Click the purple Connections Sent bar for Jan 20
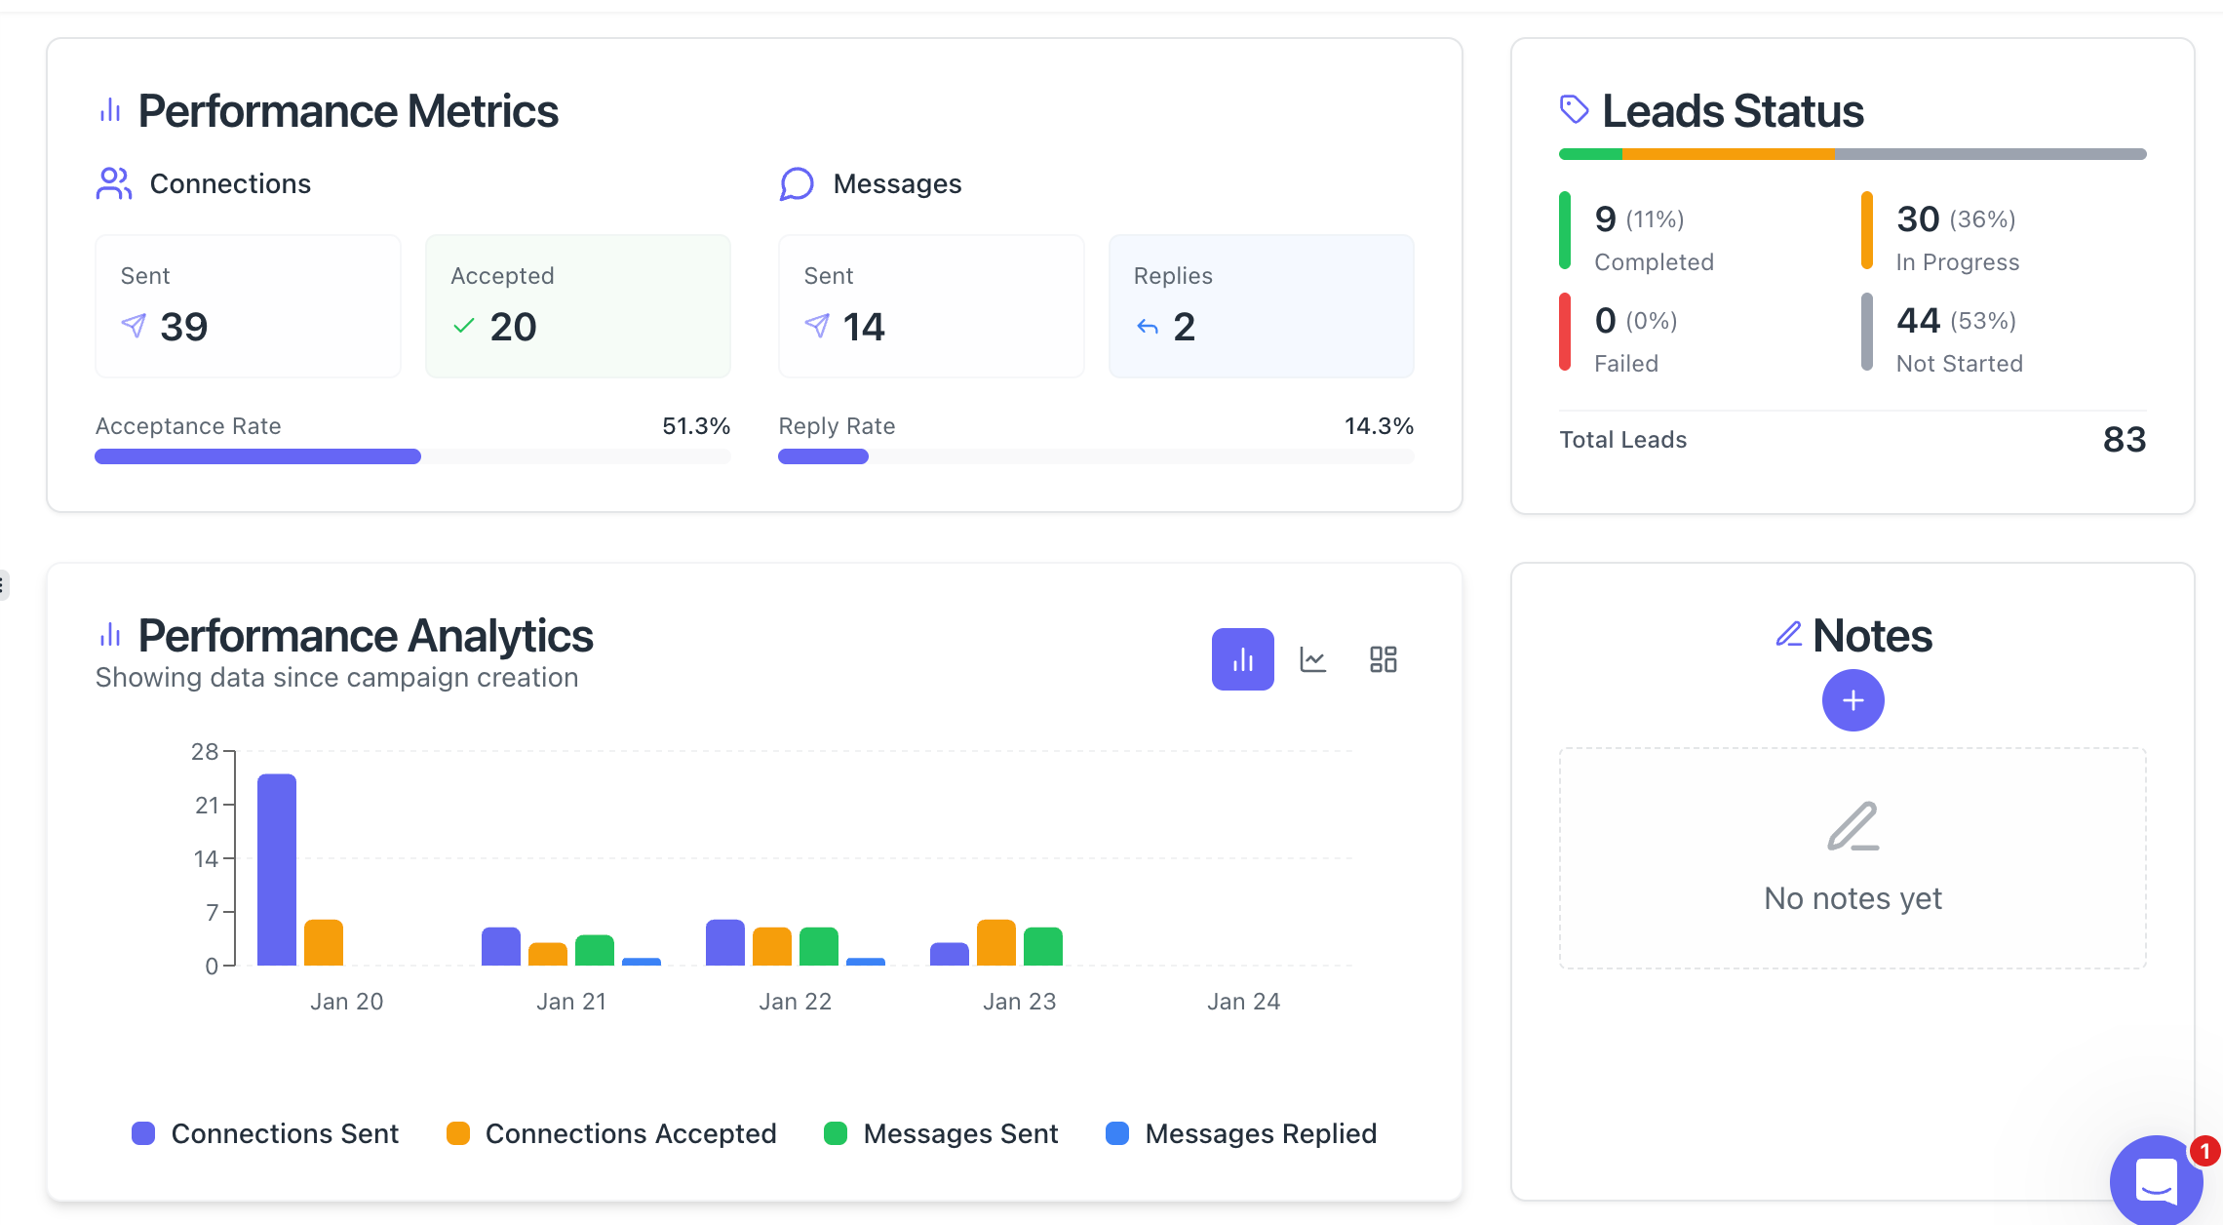point(277,869)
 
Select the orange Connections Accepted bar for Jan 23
point(995,943)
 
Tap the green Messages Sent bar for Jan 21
point(595,951)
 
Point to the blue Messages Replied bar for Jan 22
point(866,962)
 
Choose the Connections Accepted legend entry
point(611,1133)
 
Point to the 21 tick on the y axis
point(207,806)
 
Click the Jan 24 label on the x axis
point(1243,1002)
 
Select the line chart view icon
point(1313,660)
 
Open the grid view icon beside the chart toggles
point(1383,660)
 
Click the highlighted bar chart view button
point(1242,660)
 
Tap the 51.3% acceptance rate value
point(696,426)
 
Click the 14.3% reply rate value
point(1379,426)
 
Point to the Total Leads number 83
point(2125,440)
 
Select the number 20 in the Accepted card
point(513,327)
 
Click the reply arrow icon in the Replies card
point(1148,328)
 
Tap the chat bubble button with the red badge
point(2156,1181)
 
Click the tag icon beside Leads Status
point(1574,109)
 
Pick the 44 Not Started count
point(1918,320)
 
